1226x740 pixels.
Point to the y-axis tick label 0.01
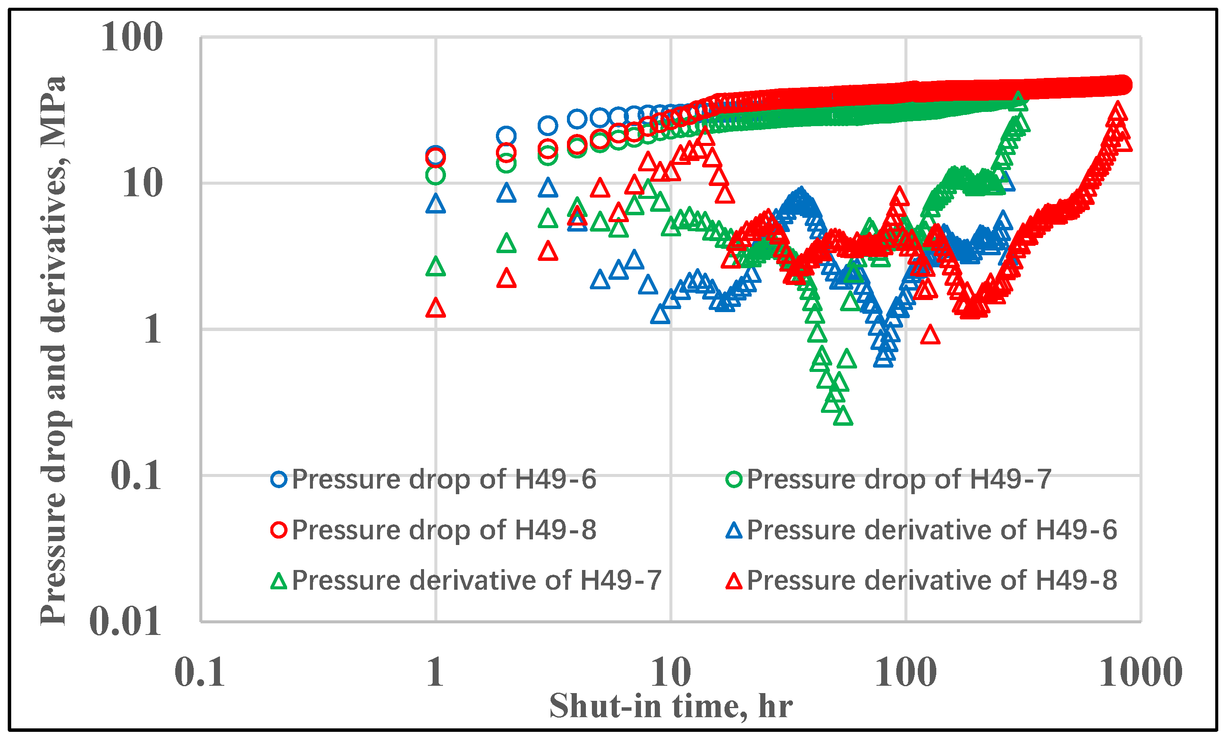click(125, 622)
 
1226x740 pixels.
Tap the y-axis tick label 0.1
click(135, 476)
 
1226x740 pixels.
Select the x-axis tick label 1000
click(1140, 672)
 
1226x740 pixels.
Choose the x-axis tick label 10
click(671, 672)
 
